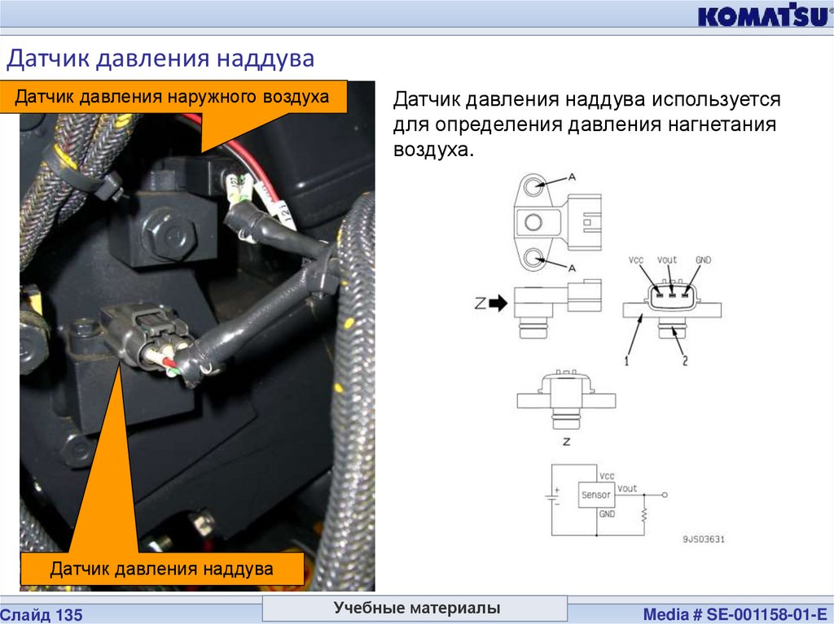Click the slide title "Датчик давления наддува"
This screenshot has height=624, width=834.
(x=160, y=58)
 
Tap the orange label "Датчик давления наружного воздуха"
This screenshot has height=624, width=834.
(x=173, y=97)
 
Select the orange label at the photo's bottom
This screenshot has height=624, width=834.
(x=162, y=569)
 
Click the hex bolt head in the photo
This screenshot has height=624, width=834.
(x=169, y=233)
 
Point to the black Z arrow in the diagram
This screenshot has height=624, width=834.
(x=498, y=303)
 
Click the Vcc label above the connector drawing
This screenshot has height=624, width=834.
(x=635, y=260)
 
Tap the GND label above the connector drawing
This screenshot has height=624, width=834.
(x=703, y=260)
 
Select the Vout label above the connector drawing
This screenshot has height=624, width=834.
(x=667, y=260)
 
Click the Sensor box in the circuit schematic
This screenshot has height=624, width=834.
(x=596, y=495)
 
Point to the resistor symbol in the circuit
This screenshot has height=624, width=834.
(x=644, y=514)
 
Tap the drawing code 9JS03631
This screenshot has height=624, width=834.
(x=703, y=539)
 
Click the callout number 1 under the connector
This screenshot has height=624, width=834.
(x=627, y=360)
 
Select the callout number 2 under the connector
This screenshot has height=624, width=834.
(x=685, y=360)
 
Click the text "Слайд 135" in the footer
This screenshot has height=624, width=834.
(x=42, y=615)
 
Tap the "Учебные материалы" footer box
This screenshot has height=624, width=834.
(x=415, y=608)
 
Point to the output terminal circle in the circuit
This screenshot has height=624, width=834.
(x=665, y=495)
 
